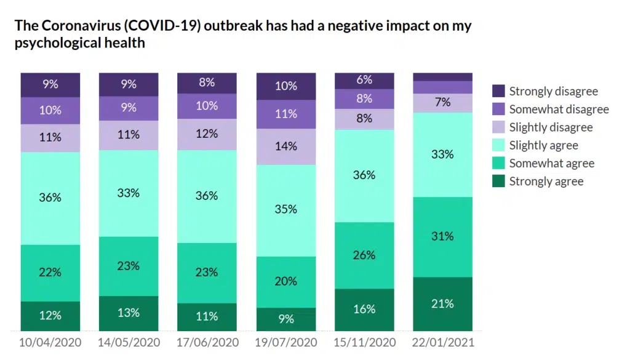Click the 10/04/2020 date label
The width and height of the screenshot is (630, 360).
(x=50, y=342)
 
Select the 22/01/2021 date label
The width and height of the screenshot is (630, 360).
(x=443, y=342)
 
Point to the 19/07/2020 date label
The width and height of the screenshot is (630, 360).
(x=286, y=342)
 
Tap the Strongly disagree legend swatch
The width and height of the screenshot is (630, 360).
(x=499, y=92)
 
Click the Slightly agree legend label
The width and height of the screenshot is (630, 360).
(x=543, y=145)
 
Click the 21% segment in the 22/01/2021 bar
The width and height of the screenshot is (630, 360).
(x=443, y=304)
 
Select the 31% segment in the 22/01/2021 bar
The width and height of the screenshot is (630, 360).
(x=443, y=237)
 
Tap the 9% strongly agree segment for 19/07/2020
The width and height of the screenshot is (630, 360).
(x=286, y=319)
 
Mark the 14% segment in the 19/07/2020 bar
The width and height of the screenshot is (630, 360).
(x=286, y=146)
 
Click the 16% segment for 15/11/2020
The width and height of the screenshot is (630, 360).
(x=364, y=310)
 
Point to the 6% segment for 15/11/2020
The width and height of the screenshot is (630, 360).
(x=364, y=81)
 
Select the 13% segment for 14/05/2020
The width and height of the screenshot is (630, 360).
(x=129, y=313)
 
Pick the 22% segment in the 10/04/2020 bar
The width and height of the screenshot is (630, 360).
(x=50, y=273)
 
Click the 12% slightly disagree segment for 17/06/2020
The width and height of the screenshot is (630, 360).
(x=207, y=134)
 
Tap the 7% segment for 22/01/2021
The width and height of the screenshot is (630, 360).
(x=443, y=103)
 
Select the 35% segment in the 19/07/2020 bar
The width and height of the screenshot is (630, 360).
(x=286, y=210)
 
